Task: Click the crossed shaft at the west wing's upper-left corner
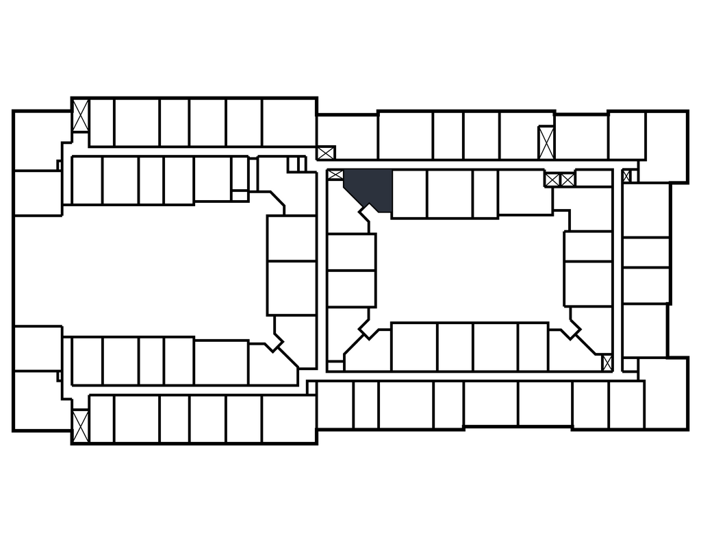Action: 81,116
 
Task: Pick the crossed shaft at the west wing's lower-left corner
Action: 81,425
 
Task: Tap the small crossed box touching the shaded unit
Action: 335,175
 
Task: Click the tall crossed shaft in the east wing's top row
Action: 546,143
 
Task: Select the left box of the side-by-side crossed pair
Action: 552,180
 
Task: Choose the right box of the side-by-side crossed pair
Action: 568,180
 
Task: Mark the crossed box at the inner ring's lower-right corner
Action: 607,362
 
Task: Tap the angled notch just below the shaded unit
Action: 370,214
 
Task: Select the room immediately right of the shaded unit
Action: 409,193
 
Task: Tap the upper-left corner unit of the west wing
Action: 41,140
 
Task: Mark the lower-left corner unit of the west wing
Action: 41,401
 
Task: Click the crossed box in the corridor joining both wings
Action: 326,152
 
